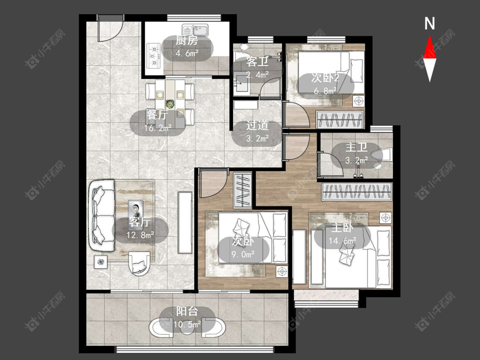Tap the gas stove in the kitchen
[154, 56]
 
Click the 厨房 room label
[187, 41]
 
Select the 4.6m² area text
[187, 53]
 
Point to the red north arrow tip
[430, 35]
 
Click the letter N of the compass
[430, 23]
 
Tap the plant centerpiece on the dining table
[169, 103]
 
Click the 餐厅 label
[157, 116]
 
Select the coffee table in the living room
[136, 209]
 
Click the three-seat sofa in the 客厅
[101, 215]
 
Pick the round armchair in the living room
[140, 263]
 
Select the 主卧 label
[343, 228]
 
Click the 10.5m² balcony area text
[187, 324]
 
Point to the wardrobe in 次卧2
[340, 120]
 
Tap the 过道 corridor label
[257, 125]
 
